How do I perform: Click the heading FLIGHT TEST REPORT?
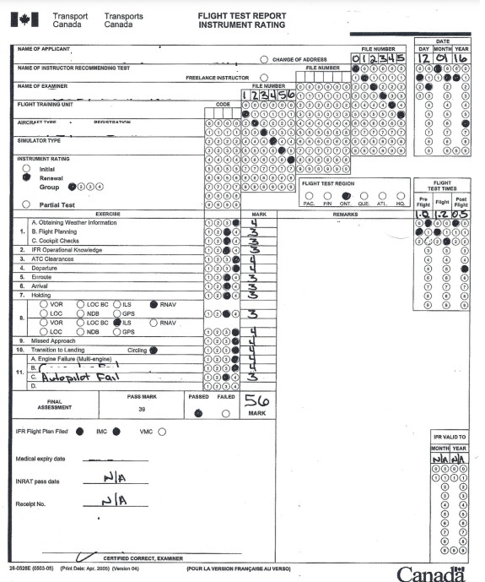tap(242, 16)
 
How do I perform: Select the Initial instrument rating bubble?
tap(27, 168)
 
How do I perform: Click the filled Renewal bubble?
tap(27, 178)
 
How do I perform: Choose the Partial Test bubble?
tap(27, 204)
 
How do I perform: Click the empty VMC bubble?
tap(162, 430)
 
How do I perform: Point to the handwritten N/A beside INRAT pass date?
tap(115, 478)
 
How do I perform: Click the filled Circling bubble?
tap(154, 350)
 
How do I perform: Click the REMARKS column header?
tap(346, 215)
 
